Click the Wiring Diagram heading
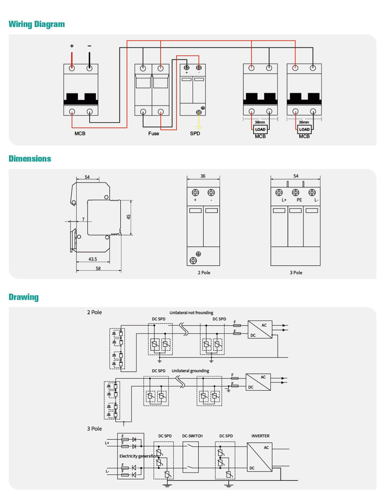coord(37,24)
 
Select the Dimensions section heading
coord(30,159)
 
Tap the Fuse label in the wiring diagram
coord(153,133)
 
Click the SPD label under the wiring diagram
coord(195,133)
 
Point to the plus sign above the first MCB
coord(72,46)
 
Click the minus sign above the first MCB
coord(90,46)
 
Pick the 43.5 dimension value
coord(93,259)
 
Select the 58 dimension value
coord(98,268)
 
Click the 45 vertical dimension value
coord(129,217)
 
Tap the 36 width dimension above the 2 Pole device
coord(203,176)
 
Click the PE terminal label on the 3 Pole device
coord(299,200)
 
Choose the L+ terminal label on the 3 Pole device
coord(284,200)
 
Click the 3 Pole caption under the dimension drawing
coord(296,273)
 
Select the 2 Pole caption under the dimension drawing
coord(204,273)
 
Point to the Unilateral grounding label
coord(190,371)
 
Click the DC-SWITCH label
coord(192,436)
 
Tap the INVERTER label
coord(261,436)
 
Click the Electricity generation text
coord(139,456)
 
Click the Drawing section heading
coord(24,297)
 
